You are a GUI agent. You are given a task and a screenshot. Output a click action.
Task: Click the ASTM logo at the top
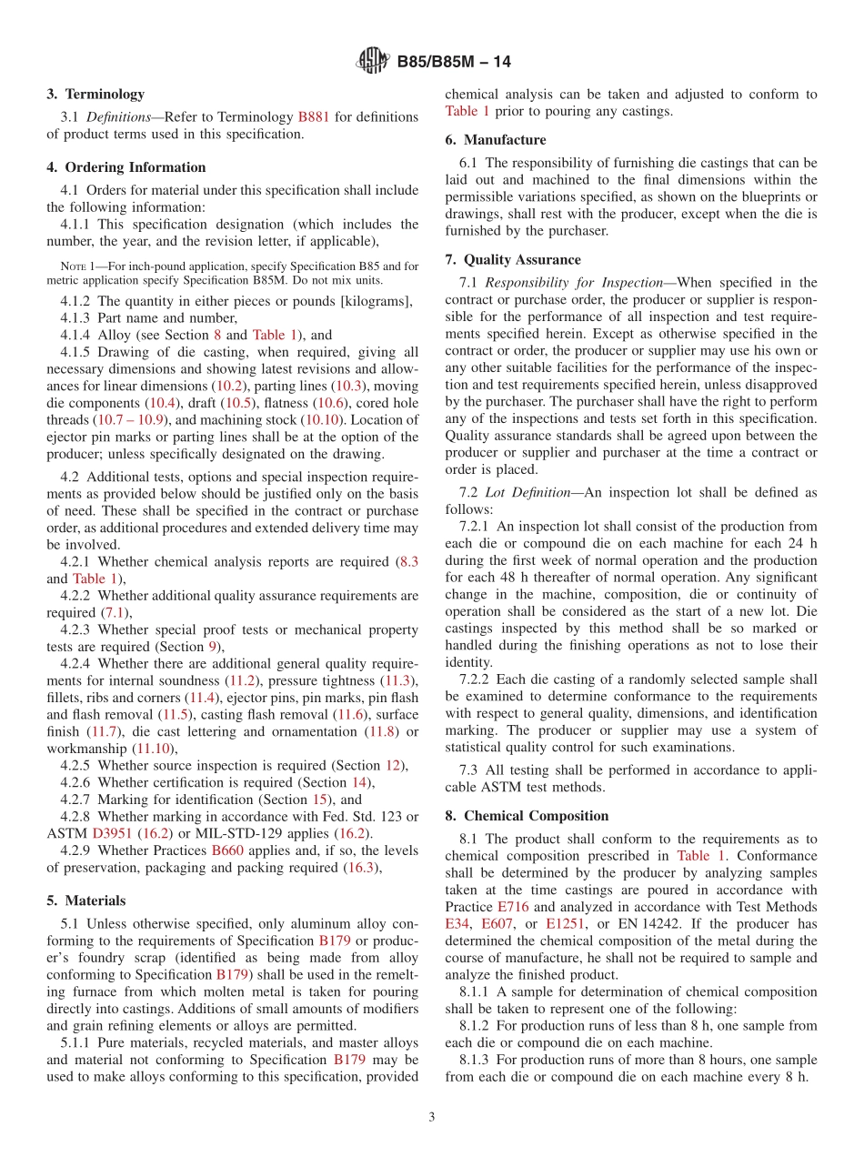(x=373, y=62)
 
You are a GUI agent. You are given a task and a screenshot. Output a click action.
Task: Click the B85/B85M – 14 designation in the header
(x=454, y=62)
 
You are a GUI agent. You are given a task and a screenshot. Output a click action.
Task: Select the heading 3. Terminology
(x=95, y=94)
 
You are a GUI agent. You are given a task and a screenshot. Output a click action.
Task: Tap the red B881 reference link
(x=314, y=117)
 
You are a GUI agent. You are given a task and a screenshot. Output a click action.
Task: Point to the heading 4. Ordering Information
(x=126, y=167)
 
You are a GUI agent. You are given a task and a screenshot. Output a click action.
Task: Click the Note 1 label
(x=77, y=267)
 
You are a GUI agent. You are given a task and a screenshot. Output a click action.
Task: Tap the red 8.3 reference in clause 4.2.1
(x=408, y=562)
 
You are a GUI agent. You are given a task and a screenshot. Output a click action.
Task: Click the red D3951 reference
(x=113, y=833)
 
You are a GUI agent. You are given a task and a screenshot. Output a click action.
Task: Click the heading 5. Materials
(x=86, y=900)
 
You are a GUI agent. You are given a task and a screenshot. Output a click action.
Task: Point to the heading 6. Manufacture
(x=496, y=140)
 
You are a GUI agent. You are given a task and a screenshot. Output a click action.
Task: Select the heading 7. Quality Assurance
(x=513, y=260)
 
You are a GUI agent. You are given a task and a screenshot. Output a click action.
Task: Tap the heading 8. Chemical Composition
(x=527, y=816)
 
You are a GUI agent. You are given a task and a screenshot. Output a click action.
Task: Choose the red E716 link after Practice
(x=512, y=907)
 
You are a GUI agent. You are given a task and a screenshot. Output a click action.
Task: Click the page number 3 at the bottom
(x=431, y=1117)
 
